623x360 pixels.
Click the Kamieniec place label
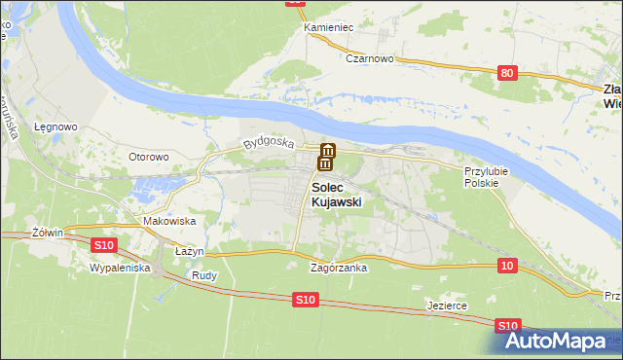click(328, 27)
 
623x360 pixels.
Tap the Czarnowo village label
click(369, 58)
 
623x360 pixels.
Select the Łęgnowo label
click(56, 127)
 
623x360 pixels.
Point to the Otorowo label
click(150, 157)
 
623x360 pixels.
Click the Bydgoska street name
click(269, 143)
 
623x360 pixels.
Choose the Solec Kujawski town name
click(336, 195)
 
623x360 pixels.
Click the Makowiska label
click(170, 222)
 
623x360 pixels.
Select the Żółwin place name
click(47, 233)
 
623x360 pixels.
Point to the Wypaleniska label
click(119, 266)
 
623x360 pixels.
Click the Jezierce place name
click(448, 306)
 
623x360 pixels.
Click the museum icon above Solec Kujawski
click(328, 156)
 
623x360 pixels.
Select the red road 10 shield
click(506, 266)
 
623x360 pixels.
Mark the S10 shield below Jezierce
click(506, 326)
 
